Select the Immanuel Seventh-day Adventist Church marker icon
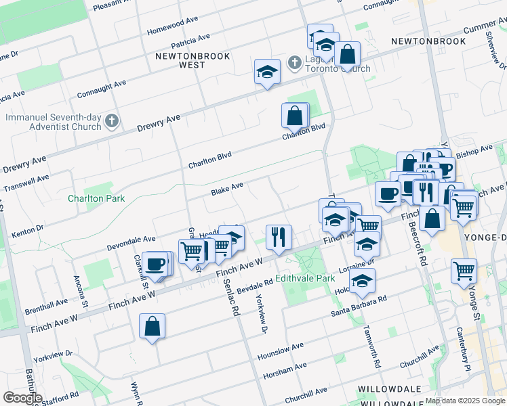(x=113, y=122)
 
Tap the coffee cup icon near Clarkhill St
(x=155, y=264)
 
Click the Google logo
(x=22, y=397)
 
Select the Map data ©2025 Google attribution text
(x=465, y=401)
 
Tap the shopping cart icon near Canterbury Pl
(x=464, y=271)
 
